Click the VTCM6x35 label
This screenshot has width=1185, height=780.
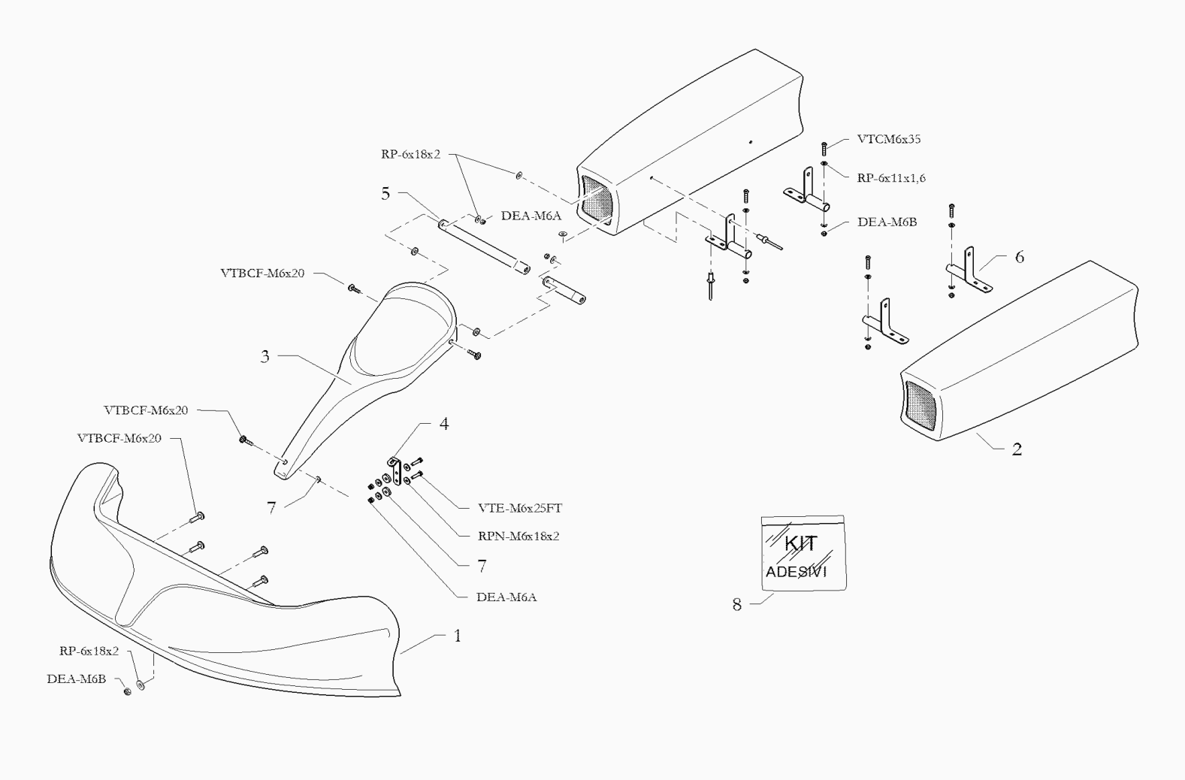point(889,139)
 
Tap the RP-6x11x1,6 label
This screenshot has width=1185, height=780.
point(891,178)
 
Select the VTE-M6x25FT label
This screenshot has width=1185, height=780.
point(519,508)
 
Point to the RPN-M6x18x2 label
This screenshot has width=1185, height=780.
point(518,536)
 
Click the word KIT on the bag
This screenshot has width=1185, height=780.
point(800,543)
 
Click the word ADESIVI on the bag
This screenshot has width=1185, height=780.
point(797,572)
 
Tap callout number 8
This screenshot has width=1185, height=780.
point(737,604)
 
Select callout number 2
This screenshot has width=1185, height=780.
point(1017,449)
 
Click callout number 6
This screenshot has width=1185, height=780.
point(1020,257)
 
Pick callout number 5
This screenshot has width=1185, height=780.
point(385,194)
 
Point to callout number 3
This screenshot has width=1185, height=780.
point(265,357)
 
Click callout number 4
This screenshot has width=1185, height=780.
point(444,424)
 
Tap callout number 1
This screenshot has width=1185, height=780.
point(458,636)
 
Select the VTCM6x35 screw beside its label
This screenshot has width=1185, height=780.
point(824,149)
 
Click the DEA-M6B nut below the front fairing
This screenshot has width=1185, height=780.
point(127,691)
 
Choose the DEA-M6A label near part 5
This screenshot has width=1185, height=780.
point(531,216)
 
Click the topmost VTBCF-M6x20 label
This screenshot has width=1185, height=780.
point(262,274)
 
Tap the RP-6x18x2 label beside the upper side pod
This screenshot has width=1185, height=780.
point(410,155)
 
